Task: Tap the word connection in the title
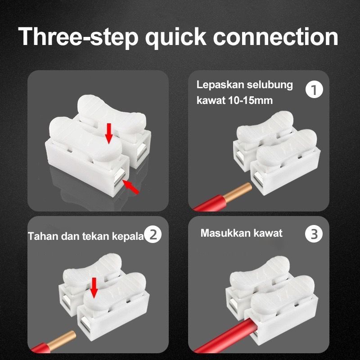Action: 277,36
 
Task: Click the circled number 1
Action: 314,90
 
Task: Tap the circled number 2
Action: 153,234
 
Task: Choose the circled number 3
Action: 314,234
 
